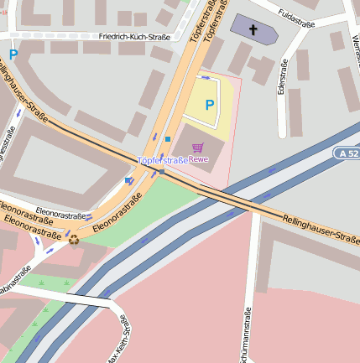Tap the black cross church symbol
(x=253, y=27)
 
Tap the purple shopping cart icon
(x=198, y=148)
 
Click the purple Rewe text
(x=198, y=158)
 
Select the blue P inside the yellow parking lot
(x=209, y=106)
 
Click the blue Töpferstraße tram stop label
(x=163, y=159)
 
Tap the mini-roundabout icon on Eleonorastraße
(x=74, y=240)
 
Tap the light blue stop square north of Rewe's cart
(x=168, y=139)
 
